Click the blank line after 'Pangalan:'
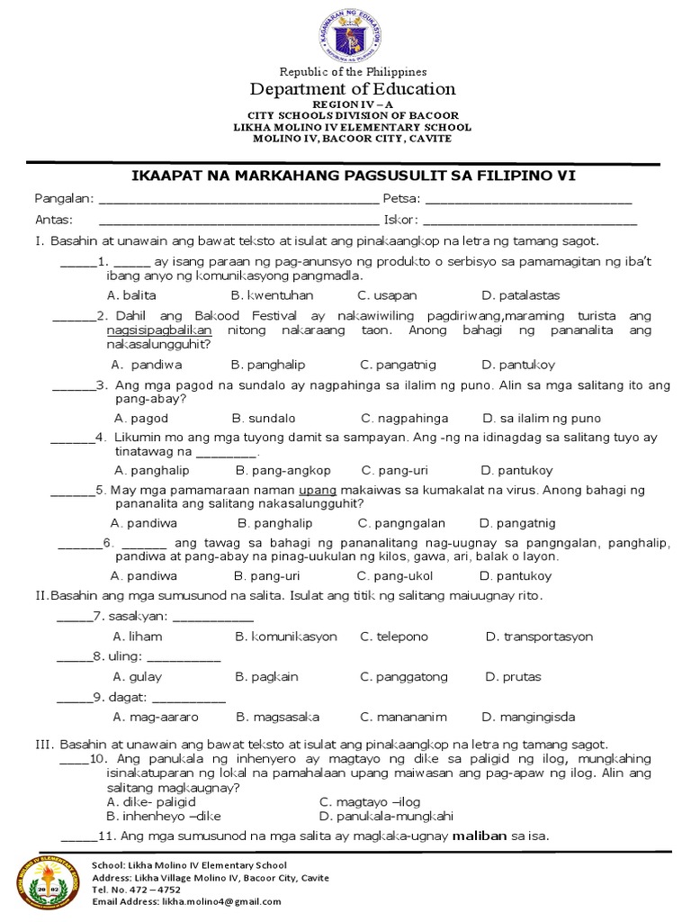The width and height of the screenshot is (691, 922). (x=238, y=200)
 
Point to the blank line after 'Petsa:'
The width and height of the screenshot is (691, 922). (x=527, y=200)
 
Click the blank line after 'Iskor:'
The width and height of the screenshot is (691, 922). (x=530, y=221)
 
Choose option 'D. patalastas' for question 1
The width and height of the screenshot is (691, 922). (x=520, y=295)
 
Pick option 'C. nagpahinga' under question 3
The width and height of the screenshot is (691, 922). (x=404, y=419)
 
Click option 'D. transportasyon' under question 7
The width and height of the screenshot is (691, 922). (x=539, y=637)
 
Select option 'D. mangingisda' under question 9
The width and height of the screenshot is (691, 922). (x=528, y=718)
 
